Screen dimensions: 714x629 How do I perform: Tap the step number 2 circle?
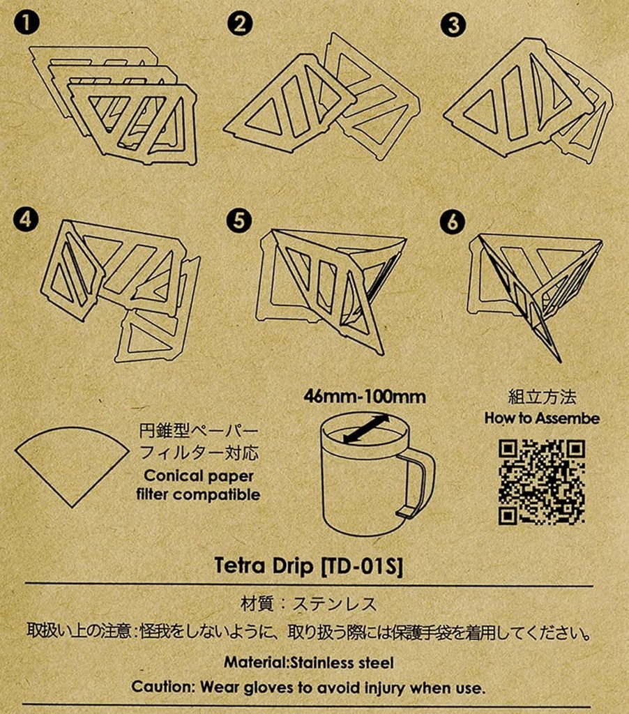(240, 25)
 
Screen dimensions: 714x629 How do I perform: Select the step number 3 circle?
(453, 25)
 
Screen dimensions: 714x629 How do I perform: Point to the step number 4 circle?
(26, 220)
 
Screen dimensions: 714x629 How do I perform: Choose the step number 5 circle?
(240, 220)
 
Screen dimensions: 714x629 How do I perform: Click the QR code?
(542, 481)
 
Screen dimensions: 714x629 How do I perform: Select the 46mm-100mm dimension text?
(365, 397)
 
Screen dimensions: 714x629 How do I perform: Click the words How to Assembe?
(542, 418)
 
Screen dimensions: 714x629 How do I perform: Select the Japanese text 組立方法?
(542, 398)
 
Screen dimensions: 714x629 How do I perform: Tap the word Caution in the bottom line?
(163, 687)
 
